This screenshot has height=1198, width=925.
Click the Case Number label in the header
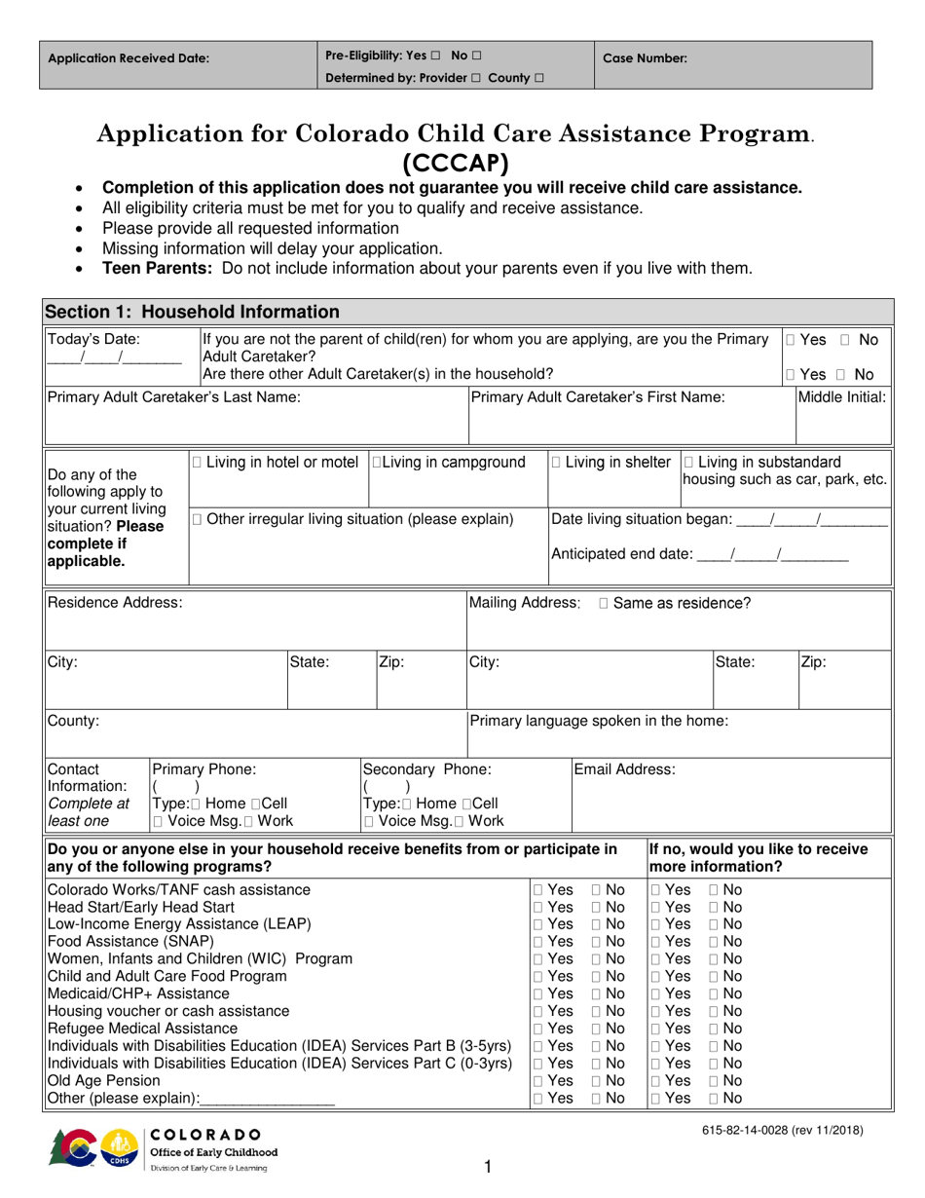click(x=645, y=58)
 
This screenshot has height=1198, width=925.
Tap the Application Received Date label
click(x=129, y=58)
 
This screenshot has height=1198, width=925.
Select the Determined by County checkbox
click(x=538, y=78)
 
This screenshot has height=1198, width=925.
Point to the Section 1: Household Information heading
click(x=193, y=313)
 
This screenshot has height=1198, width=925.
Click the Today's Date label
click(x=93, y=340)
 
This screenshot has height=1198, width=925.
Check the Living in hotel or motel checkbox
click(x=199, y=462)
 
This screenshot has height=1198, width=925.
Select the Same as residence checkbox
click(x=605, y=604)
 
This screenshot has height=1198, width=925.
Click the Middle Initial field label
click(x=842, y=397)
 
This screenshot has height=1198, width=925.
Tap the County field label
click(x=73, y=722)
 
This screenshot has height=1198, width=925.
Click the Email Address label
click(x=624, y=769)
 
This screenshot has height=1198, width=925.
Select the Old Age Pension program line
click(x=91, y=1081)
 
